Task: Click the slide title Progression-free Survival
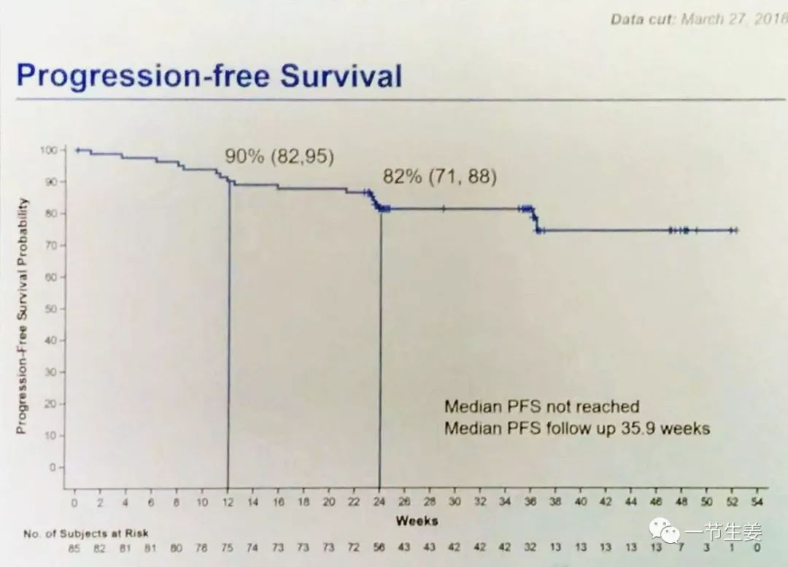[209, 76]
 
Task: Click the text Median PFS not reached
[541, 406]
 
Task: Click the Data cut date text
[697, 18]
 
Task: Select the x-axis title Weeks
[417, 521]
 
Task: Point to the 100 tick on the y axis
[47, 150]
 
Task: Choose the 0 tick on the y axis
[53, 467]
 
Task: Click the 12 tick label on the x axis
[227, 502]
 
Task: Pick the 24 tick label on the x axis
[379, 502]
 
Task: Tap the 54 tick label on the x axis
[757, 502]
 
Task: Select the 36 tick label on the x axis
[530, 502]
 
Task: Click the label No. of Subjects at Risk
[85, 534]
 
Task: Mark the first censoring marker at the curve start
[77, 150]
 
